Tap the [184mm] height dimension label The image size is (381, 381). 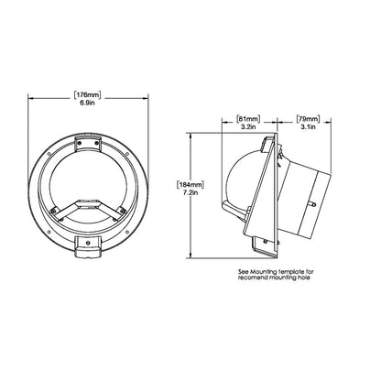point(190,187)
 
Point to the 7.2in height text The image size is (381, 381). point(190,196)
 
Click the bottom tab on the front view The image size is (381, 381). point(89,245)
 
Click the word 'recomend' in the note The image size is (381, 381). point(251,280)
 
